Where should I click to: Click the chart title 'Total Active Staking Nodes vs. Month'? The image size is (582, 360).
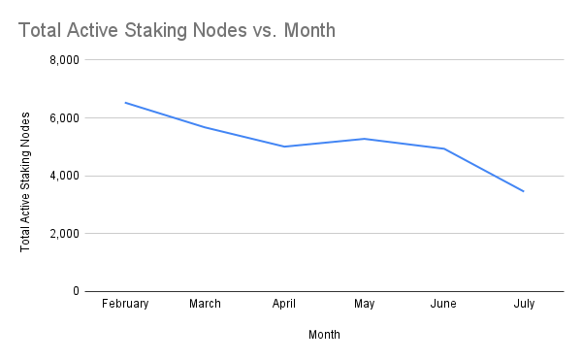[177, 31]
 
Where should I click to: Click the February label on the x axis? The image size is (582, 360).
[125, 304]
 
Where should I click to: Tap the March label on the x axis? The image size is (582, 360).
[205, 304]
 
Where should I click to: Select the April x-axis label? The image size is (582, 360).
[284, 304]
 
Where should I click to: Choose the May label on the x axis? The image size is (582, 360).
[364, 304]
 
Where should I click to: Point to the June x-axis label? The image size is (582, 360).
[443, 304]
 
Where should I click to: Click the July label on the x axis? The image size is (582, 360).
[524, 304]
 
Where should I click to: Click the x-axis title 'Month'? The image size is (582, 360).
[324, 335]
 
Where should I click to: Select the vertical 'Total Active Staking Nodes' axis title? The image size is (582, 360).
[26, 181]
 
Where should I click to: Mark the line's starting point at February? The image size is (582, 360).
[125, 102]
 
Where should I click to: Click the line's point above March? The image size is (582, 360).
[205, 127]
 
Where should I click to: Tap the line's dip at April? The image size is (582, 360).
[284, 147]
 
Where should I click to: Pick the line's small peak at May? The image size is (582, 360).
[364, 139]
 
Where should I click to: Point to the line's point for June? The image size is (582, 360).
[443, 148]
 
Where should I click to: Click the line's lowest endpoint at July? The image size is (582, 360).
[524, 191]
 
